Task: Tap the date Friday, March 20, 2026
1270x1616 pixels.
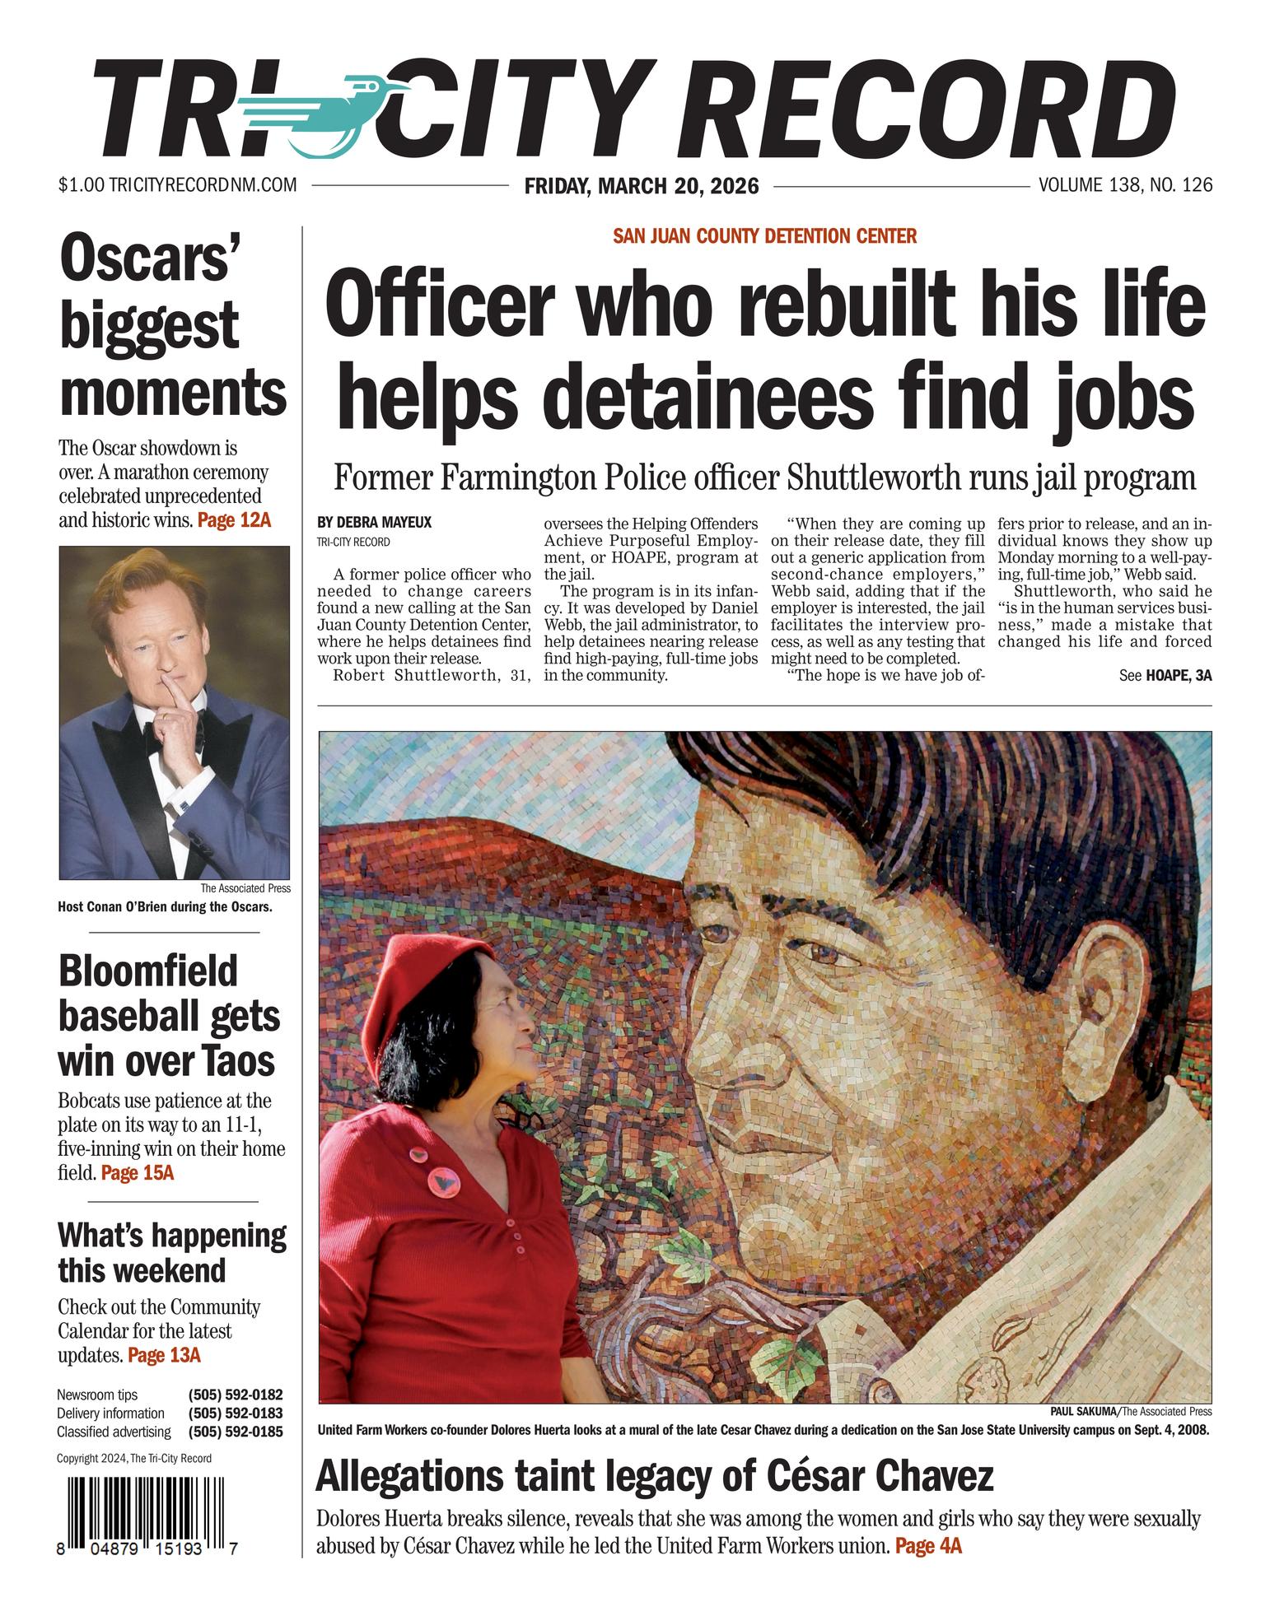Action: pyautogui.click(x=641, y=186)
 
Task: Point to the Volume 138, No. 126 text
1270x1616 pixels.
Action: pyautogui.click(x=1125, y=185)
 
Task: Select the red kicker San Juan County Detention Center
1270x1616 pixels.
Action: pyautogui.click(x=764, y=237)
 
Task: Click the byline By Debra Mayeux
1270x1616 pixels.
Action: pyautogui.click(x=374, y=522)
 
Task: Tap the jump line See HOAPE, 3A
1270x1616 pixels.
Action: pyautogui.click(x=1165, y=676)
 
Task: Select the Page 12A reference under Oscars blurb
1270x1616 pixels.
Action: pyautogui.click(x=234, y=520)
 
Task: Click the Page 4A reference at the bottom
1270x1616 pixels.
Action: pyautogui.click(x=927, y=1546)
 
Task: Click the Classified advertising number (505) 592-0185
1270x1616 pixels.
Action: pyautogui.click(x=236, y=1432)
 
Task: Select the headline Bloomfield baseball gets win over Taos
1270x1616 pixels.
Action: pyautogui.click(x=169, y=1017)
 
